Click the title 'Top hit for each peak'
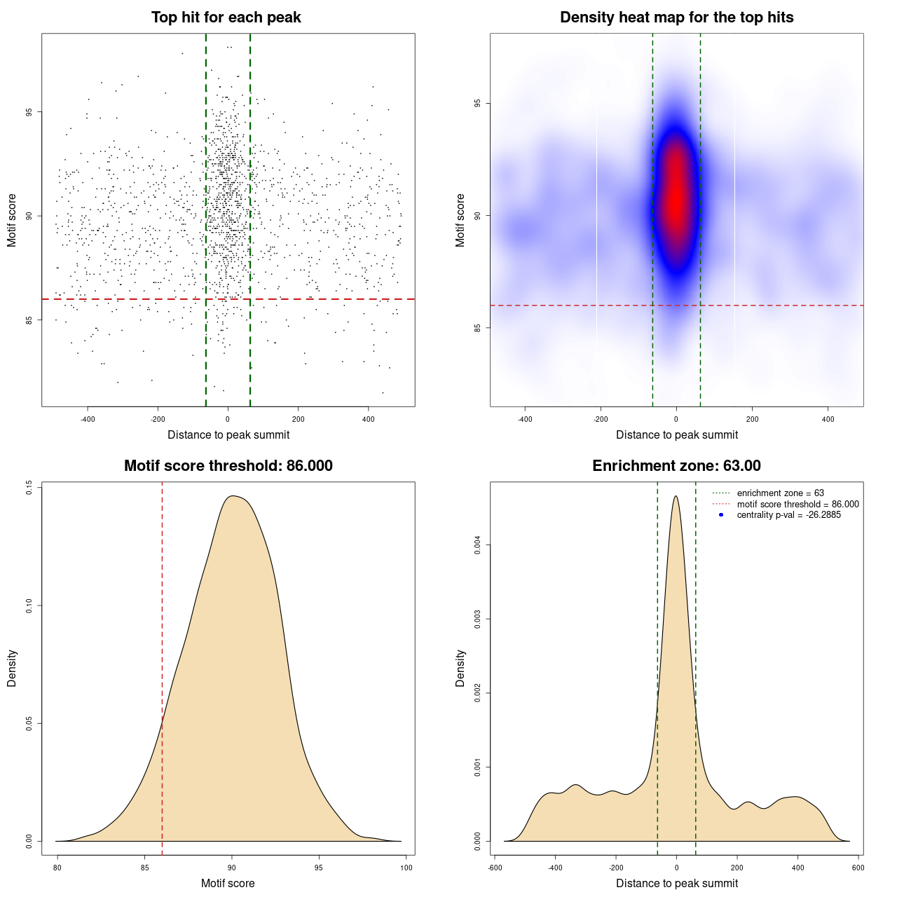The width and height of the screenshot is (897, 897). pos(226,18)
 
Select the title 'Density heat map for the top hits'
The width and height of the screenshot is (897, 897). pos(676,18)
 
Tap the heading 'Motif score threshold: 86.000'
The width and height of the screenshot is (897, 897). pos(228,466)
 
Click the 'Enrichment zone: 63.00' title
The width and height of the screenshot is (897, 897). pos(676,466)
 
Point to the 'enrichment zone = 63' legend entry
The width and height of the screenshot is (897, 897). pos(780,493)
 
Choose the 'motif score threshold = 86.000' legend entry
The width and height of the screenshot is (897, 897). pos(797,504)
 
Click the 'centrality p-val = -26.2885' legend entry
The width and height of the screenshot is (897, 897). pos(788,515)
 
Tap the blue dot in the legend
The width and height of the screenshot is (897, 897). pos(721,515)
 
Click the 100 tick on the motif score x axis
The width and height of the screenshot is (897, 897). pos(406,868)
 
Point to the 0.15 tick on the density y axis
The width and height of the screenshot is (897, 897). pos(29,488)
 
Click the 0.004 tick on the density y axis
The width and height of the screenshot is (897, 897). pos(478,545)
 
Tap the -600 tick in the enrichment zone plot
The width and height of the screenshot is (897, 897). pos(495,868)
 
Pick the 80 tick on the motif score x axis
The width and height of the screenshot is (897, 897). pos(57,868)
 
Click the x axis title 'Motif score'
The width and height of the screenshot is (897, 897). pos(228,883)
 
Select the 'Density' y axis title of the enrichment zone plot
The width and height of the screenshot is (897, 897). pos(460,668)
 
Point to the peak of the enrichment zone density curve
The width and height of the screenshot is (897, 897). pos(676,496)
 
